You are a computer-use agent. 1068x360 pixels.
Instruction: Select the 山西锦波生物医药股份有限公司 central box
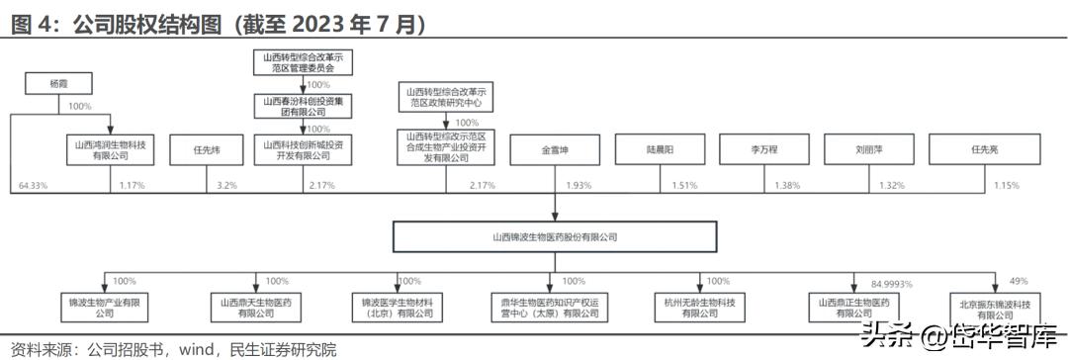[x=555, y=237]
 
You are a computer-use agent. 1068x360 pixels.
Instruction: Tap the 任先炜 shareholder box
[x=206, y=150]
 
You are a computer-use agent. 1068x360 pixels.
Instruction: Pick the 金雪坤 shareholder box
[x=555, y=150]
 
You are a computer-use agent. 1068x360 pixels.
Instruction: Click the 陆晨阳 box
[x=660, y=150]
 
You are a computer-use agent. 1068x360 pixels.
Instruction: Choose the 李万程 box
[x=763, y=150]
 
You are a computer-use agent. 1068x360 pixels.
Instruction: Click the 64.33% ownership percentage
[x=34, y=185]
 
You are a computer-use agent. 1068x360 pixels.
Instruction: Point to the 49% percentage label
[x=1020, y=281]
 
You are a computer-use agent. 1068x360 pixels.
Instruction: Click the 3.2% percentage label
[x=225, y=185]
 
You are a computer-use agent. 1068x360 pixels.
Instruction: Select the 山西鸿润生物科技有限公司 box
[x=110, y=149]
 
